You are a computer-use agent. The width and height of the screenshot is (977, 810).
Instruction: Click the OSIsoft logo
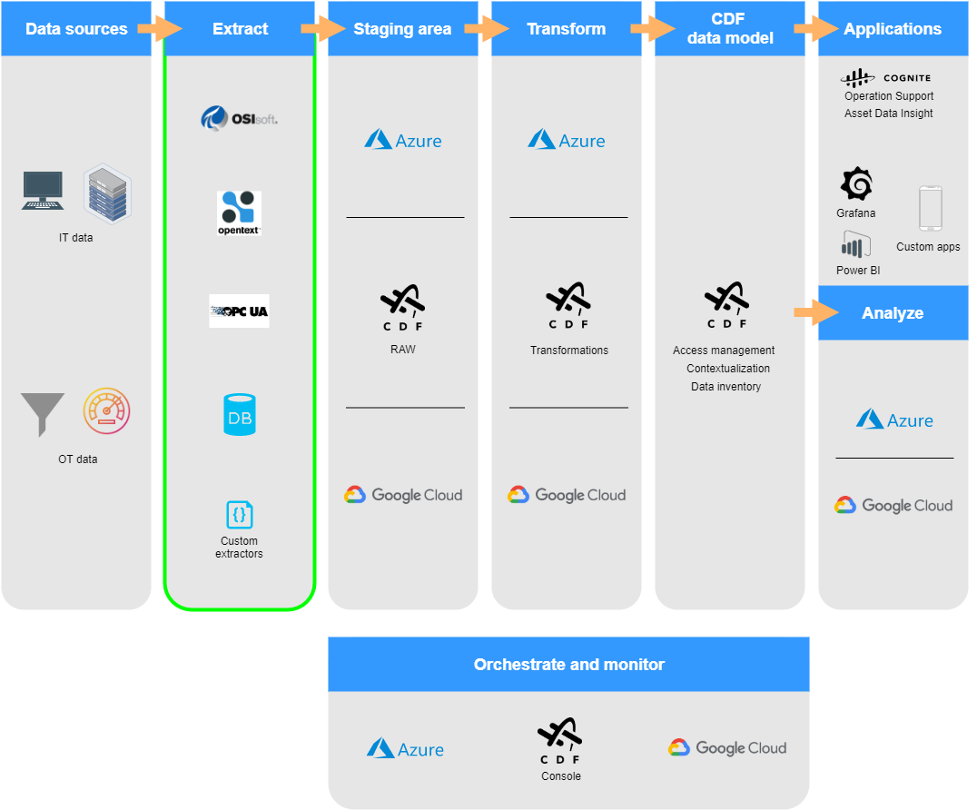pos(240,118)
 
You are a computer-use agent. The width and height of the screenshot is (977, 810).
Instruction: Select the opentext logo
pos(239,213)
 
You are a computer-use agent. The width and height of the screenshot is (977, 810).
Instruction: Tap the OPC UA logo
pos(240,311)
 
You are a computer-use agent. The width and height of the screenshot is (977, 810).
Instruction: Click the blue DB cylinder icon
pos(240,414)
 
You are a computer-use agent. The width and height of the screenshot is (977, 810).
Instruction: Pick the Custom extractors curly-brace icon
pos(240,515)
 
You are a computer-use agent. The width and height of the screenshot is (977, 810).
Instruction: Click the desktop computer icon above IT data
pos(43,190)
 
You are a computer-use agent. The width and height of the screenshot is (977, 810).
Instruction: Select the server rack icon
pos(107,193)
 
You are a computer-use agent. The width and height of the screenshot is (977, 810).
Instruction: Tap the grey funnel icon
pos(43,414)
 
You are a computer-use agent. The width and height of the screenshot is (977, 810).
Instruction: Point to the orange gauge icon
pos(106,410)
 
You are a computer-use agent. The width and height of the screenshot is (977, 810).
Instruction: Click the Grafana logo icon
pos(857,183)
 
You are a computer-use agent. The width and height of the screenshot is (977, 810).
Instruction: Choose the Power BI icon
pos(855,244)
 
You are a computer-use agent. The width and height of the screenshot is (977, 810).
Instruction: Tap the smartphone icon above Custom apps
pos(931,209)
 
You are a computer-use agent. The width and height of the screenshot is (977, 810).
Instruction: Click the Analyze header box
pos(893,312)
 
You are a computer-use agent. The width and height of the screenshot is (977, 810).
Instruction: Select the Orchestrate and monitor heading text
pos(569,664)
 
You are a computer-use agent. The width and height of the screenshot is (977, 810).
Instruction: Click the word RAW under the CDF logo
pos(402,350)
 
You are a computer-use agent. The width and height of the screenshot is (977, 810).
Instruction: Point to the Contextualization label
pos(728,369)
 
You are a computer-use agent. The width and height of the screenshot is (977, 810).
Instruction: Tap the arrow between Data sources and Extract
pos(160,29)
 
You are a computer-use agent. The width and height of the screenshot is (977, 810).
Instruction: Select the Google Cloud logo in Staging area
pos(403,495)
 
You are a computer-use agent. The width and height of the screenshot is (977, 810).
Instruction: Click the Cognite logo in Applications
pos(885,78)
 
